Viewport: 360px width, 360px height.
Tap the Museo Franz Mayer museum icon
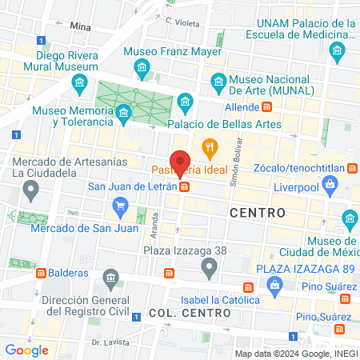(142, 65)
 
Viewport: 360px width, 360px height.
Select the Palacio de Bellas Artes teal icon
(186, 101)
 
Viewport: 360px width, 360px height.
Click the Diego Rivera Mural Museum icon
(78, 83)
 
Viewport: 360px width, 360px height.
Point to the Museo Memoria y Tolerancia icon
(123, 114)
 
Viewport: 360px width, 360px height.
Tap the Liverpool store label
(325, 186)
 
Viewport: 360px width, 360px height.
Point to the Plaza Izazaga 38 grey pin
(209, 266)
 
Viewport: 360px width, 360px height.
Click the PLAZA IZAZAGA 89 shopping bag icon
(274, 285)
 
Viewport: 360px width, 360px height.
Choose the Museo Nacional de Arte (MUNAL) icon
(218, 80)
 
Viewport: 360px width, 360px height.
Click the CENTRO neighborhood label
(257, 213)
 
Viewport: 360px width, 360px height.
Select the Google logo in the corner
(26, 350)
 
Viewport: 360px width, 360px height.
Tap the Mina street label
(82, 26)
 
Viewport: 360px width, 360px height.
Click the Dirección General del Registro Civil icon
(110, 277)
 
